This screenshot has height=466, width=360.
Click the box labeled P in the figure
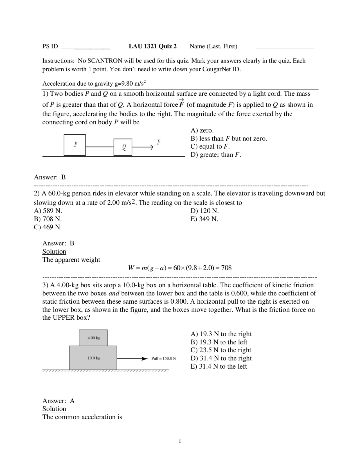pyautogui.click(x=75, y=145)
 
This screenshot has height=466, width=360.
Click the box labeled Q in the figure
pyautogui.click(x=123, y=147)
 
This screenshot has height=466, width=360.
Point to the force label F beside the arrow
pyautogui.click(x=159, y=142)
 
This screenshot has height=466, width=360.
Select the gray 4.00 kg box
pyautogui.click(x=93, y=338)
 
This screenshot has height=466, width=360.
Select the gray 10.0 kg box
pyautogui.click(x=93, y=358)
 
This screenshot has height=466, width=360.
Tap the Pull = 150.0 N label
pyautogui.click(x=164, y=359)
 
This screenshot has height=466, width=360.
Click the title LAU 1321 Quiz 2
pyautogui.click(x=153, y=46)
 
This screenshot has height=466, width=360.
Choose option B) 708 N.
pyautogui.click(x=48, y=219)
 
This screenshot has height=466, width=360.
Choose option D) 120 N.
pyautogui.click(x=204, y=211)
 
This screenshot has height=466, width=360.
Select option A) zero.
pyautogui.click(x=202, y=130)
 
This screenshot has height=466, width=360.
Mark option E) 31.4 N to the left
pyautogui.click(x=219, y=366)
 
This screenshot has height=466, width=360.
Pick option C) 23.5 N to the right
pyautogui.click(x=221, y=350)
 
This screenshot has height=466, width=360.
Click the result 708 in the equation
pyautogui.click(x=226, y=268)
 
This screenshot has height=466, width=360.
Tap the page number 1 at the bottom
pyautogui.click(x=180, y=441)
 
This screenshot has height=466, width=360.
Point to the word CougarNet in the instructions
pyautogui.click(x=217, y=69)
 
